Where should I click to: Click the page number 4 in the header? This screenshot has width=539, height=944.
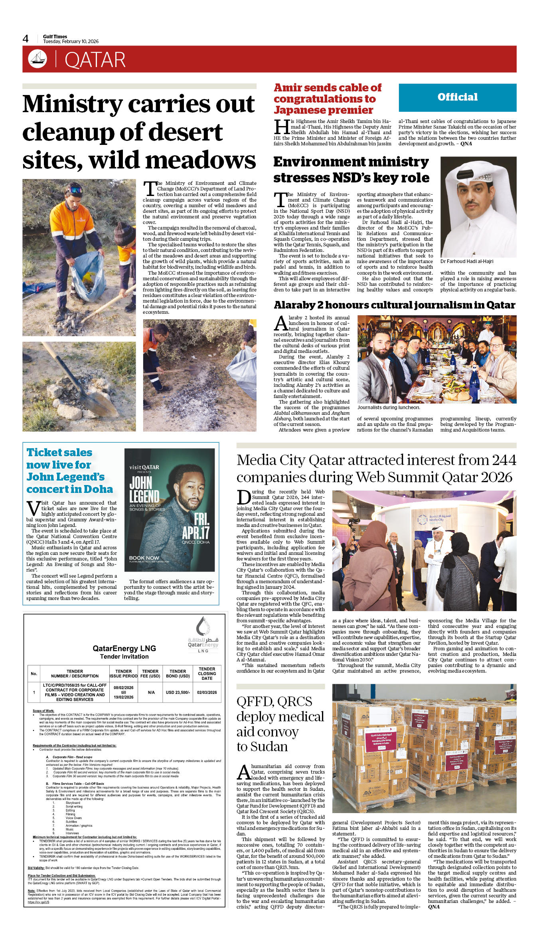pos(26,39)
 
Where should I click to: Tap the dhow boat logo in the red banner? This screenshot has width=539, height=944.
pos(38,59)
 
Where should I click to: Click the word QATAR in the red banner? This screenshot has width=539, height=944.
pos(95,60)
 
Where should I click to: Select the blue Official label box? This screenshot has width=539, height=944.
pos(457,97)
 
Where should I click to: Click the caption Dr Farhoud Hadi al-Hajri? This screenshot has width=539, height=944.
pos(466,261)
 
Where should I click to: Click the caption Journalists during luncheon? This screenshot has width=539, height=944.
pos(388,408)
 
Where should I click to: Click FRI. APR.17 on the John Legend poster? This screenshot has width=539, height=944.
pos(197,526)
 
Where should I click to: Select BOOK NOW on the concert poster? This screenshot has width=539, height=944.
pos(144,558)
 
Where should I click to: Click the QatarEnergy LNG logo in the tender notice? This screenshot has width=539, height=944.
pos(203,635)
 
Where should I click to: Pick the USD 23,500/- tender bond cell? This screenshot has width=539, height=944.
pos(178,693)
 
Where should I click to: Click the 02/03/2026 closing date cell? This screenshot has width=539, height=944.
pos(207,693)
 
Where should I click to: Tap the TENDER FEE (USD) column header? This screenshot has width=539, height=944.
pos(150,674)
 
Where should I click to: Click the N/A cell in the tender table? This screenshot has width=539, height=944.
pos(151,693)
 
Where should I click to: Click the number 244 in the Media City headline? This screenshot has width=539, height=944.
pos(504,460)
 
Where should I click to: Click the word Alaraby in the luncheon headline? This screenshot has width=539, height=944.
pos(294,305)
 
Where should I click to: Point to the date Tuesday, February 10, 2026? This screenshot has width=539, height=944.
pos(71,42)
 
